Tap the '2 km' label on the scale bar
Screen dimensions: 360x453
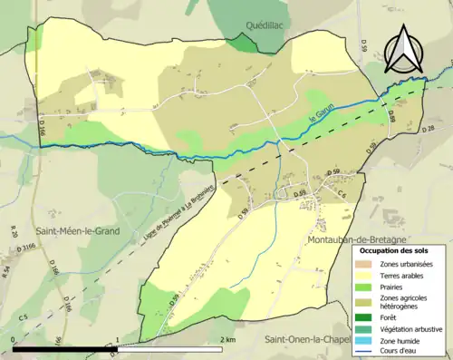229,339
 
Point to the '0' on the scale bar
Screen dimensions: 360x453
13,339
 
